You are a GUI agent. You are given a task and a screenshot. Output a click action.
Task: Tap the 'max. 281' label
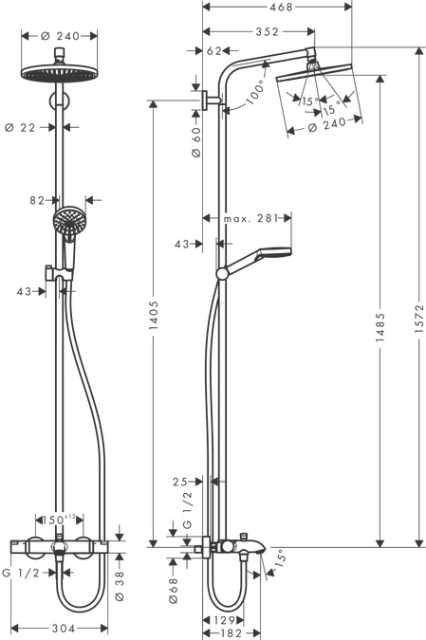tap(250, 218)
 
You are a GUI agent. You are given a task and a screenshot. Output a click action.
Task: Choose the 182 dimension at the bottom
tap(225, 632)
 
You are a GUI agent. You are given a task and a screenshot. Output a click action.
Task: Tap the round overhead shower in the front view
tap(59, 75)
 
